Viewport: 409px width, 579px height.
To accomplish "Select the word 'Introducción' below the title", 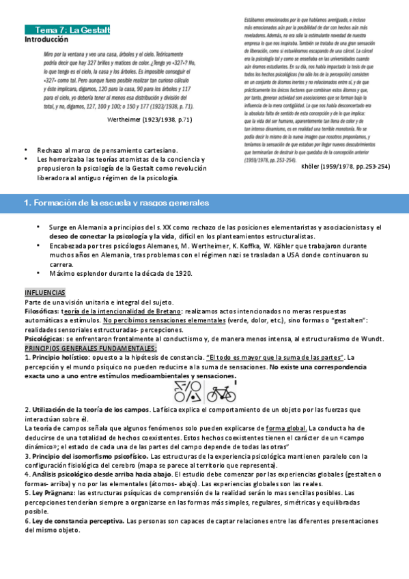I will [x=46, y=40].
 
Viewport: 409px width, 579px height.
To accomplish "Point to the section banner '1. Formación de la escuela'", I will [x=116, y=203].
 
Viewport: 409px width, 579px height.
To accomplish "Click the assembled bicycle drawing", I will [x=221, y=393].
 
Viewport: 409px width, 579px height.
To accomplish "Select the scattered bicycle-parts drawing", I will [x=187, y=392].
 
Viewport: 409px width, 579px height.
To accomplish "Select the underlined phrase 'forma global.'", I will [x=286, y=427].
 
